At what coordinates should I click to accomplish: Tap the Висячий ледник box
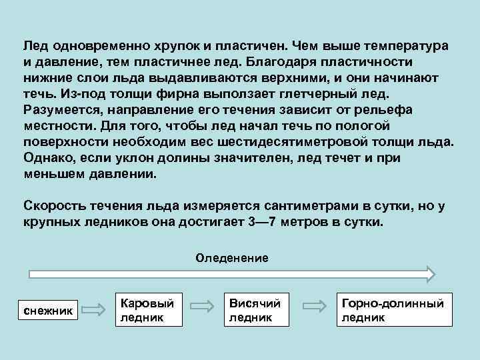[x=257, y=310]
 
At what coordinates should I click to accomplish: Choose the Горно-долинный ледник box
[x=392, y=310]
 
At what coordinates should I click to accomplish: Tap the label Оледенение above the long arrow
[x=232, y=257]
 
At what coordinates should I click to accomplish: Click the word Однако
[x=45, y=159]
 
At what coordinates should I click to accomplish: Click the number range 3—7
[x=262, y=222]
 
